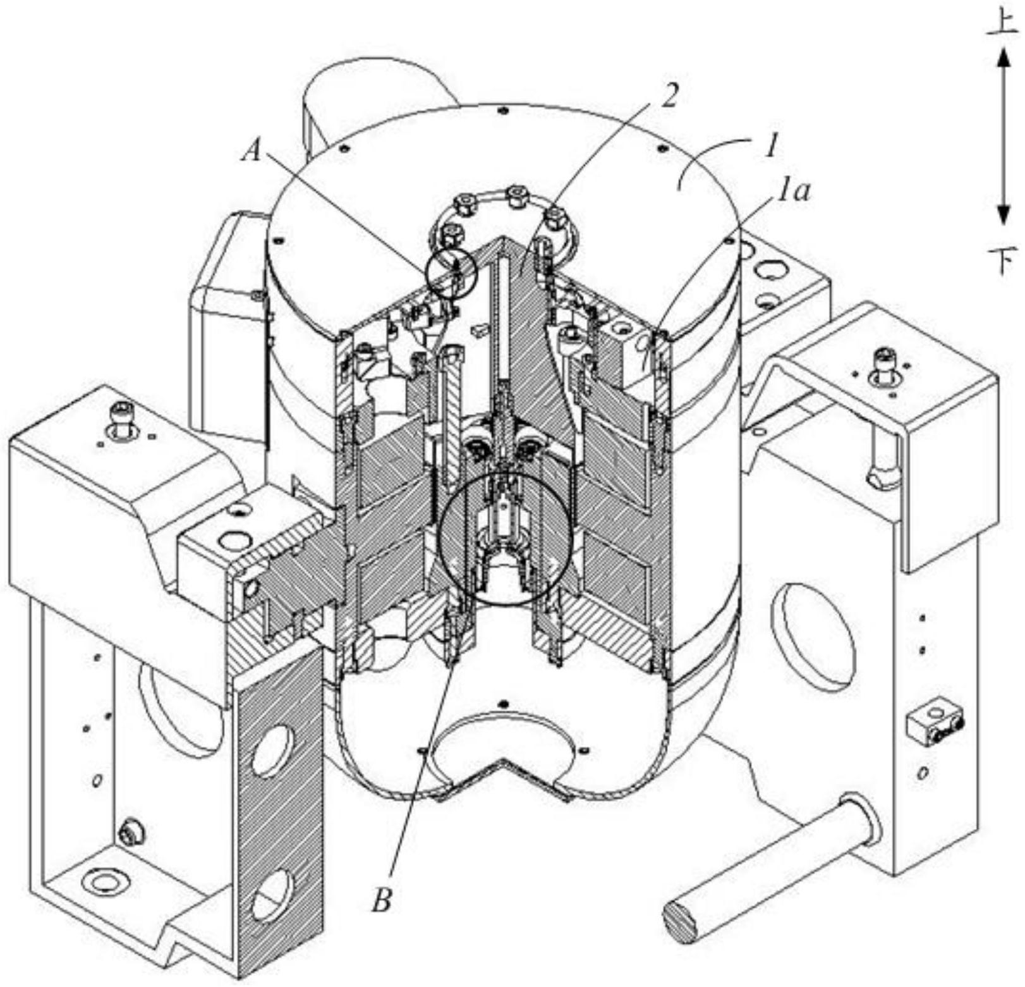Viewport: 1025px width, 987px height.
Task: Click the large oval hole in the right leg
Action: point(815,637)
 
